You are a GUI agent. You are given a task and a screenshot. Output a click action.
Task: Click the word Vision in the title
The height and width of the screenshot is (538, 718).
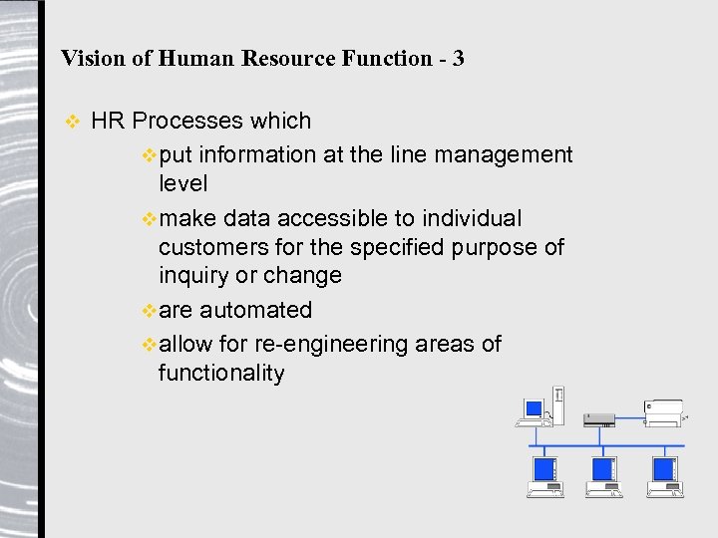(x=93, y=58)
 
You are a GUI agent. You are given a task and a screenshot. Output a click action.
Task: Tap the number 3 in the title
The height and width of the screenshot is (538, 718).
(x=458, y=58)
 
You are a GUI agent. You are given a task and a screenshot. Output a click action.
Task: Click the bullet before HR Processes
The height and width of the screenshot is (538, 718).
(x=71, y=123)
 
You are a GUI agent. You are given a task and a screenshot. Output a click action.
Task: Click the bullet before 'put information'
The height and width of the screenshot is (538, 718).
(x=150, y=155)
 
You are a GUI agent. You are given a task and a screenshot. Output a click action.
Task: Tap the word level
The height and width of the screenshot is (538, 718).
(x=183, y=184)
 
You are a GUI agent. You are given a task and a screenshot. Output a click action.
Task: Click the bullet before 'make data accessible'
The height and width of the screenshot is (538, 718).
(x=150, y=219)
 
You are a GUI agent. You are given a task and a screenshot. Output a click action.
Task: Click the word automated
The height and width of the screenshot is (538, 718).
(x=255, y=310)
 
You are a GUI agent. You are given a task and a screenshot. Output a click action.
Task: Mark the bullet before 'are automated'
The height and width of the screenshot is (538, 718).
(x=150, y=311)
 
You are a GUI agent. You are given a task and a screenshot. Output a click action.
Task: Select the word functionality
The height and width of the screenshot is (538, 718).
(x=221, y=374)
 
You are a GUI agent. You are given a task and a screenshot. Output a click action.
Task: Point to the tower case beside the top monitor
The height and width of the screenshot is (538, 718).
(x=558, y=405)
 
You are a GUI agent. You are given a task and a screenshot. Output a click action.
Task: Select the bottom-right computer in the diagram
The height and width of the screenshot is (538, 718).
(x=665, y=475)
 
